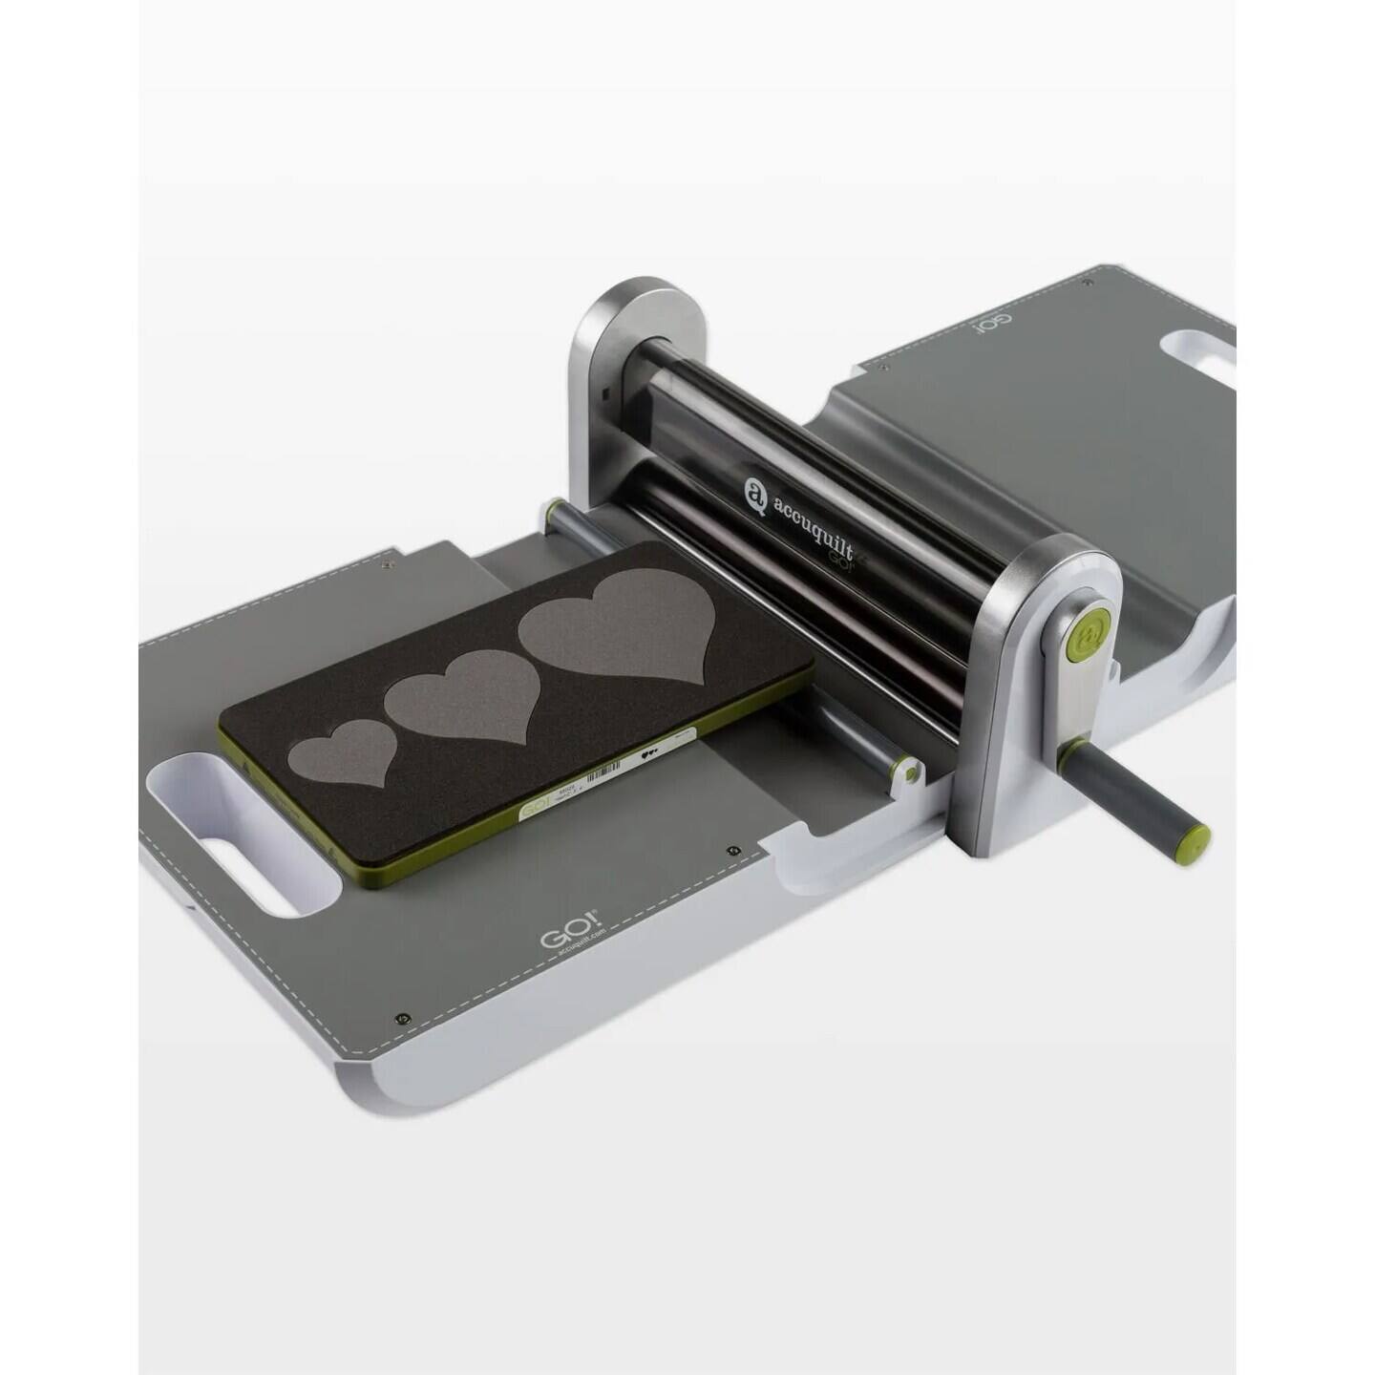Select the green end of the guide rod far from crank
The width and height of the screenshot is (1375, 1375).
pyautogui.click(x=551, y=512)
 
